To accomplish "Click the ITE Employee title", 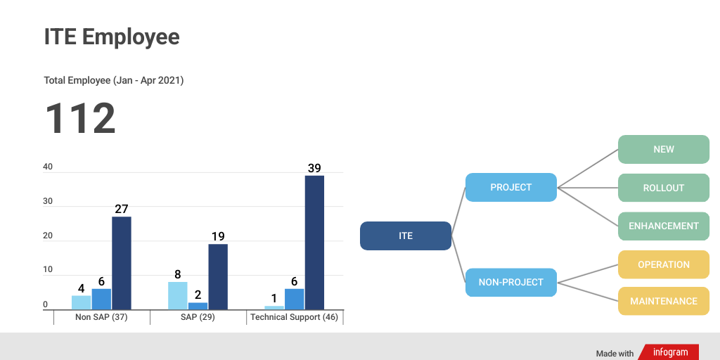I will [x=112, y=37].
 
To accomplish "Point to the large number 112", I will [x=80, y=119].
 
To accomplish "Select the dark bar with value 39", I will [x=314, y=242].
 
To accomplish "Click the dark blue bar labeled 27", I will [x=122, y=263].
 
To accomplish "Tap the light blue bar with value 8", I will [x=178, y=296].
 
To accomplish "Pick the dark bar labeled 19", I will [x=218, y=276].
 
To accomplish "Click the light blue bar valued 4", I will [x=82, y=302].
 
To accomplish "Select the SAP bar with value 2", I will [x=198, y=306].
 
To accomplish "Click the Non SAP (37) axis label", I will [x=101, y=317].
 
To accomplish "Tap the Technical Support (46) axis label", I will [x=294, y=317].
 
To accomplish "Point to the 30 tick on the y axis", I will [x=48, y=202].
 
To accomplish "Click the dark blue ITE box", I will [x=406, y=236].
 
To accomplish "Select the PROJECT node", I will [x=511, y=187].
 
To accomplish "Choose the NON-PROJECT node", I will [x=511, y=282].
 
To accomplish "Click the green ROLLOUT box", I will [x=663, y=188].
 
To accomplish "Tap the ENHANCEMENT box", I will [x=663, y=226].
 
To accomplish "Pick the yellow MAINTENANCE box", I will [x=663, y=301].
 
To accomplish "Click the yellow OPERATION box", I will [x=663, y=264].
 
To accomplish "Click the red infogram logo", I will [x=669, y=352].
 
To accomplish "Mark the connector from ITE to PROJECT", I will [x=458, y=211].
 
